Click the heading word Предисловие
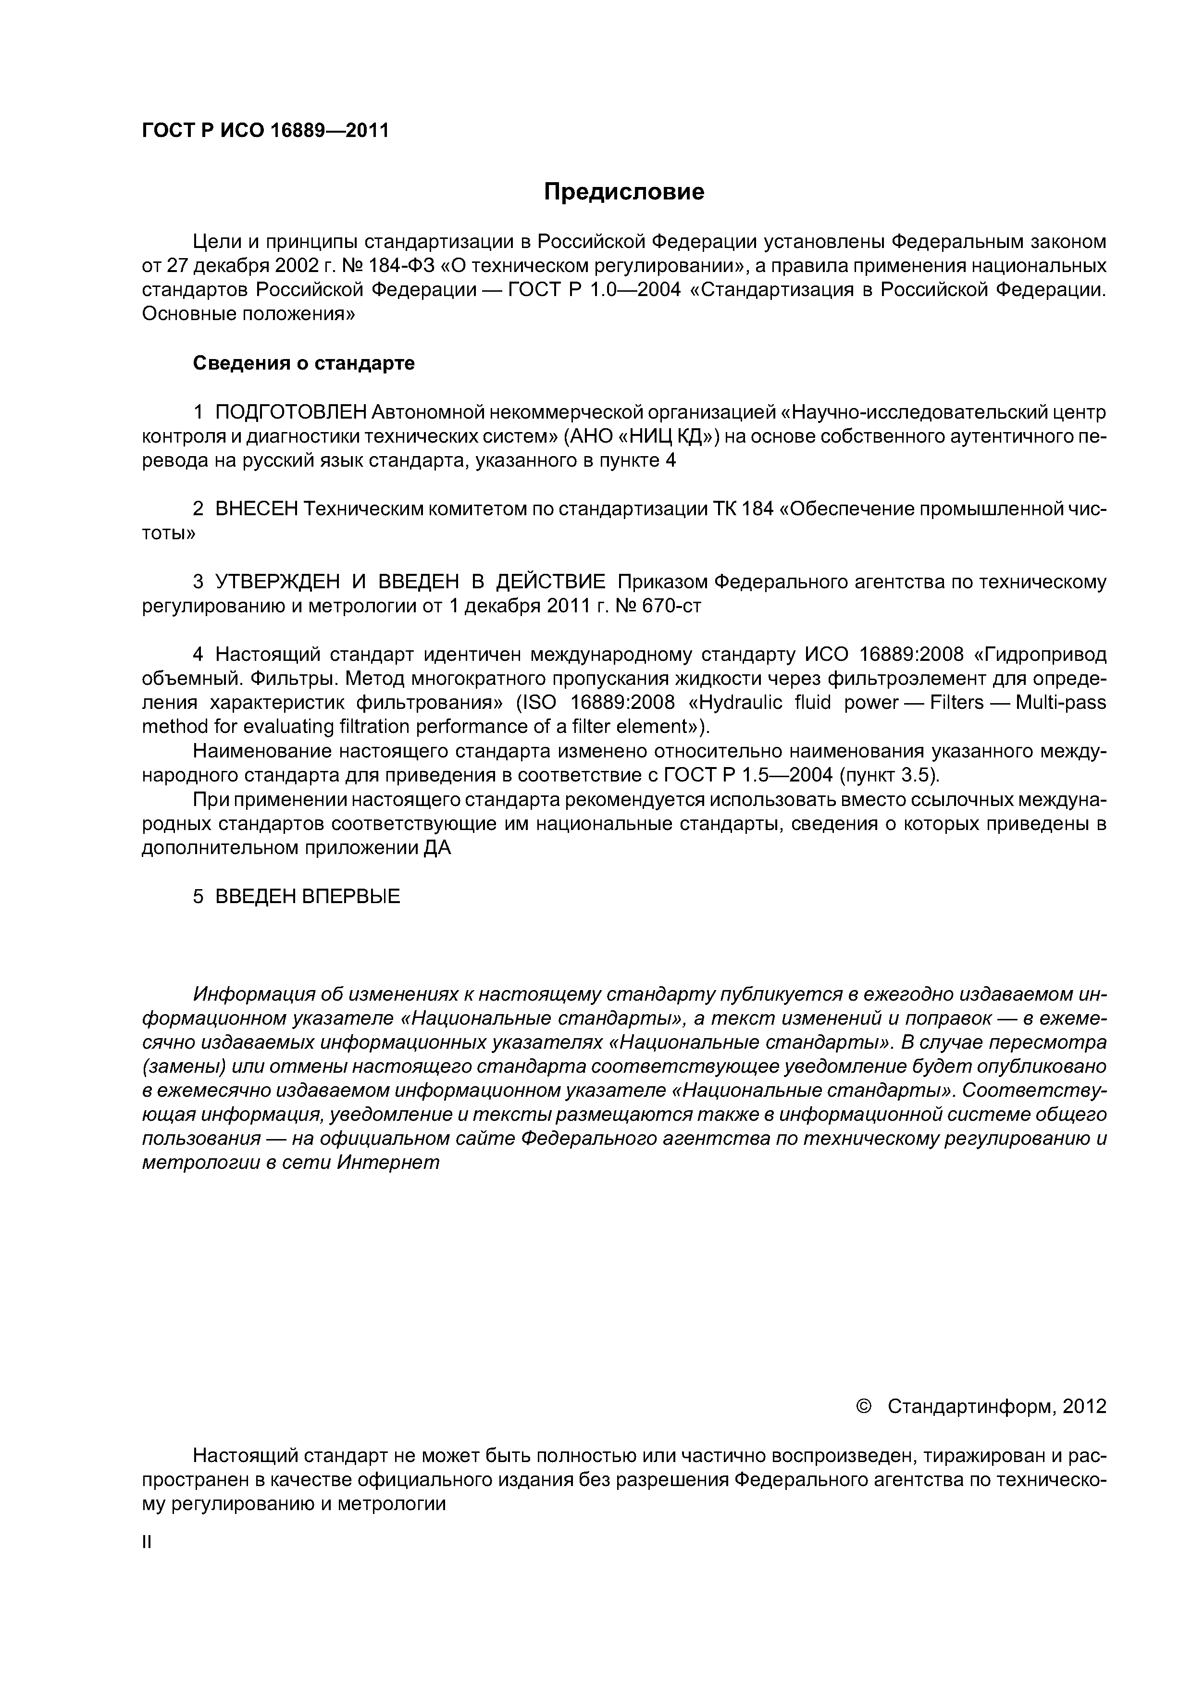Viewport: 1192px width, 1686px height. pos(623,192)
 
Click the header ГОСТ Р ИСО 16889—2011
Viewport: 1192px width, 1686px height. pos(264,131)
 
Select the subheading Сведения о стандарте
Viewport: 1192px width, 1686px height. pos(303,363)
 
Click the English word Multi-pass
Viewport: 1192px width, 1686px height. pos(1060,703)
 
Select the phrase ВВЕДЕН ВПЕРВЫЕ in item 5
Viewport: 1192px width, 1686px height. pos(307,897)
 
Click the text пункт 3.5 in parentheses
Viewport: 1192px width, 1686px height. pos(886,775)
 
